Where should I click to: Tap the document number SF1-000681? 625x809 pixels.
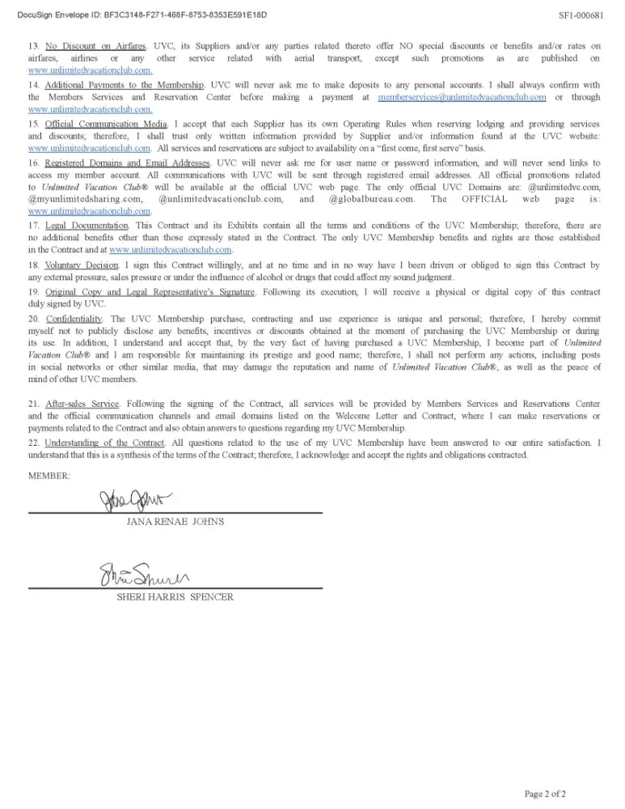point(581,15)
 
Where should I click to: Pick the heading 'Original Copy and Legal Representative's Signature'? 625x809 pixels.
point(150,291)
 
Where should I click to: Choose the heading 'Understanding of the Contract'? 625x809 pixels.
point(104,443)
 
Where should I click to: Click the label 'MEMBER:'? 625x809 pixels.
point(49,475)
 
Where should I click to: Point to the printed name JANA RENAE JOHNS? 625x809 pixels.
point(175,522)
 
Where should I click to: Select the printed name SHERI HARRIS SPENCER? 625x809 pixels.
point(175,597)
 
